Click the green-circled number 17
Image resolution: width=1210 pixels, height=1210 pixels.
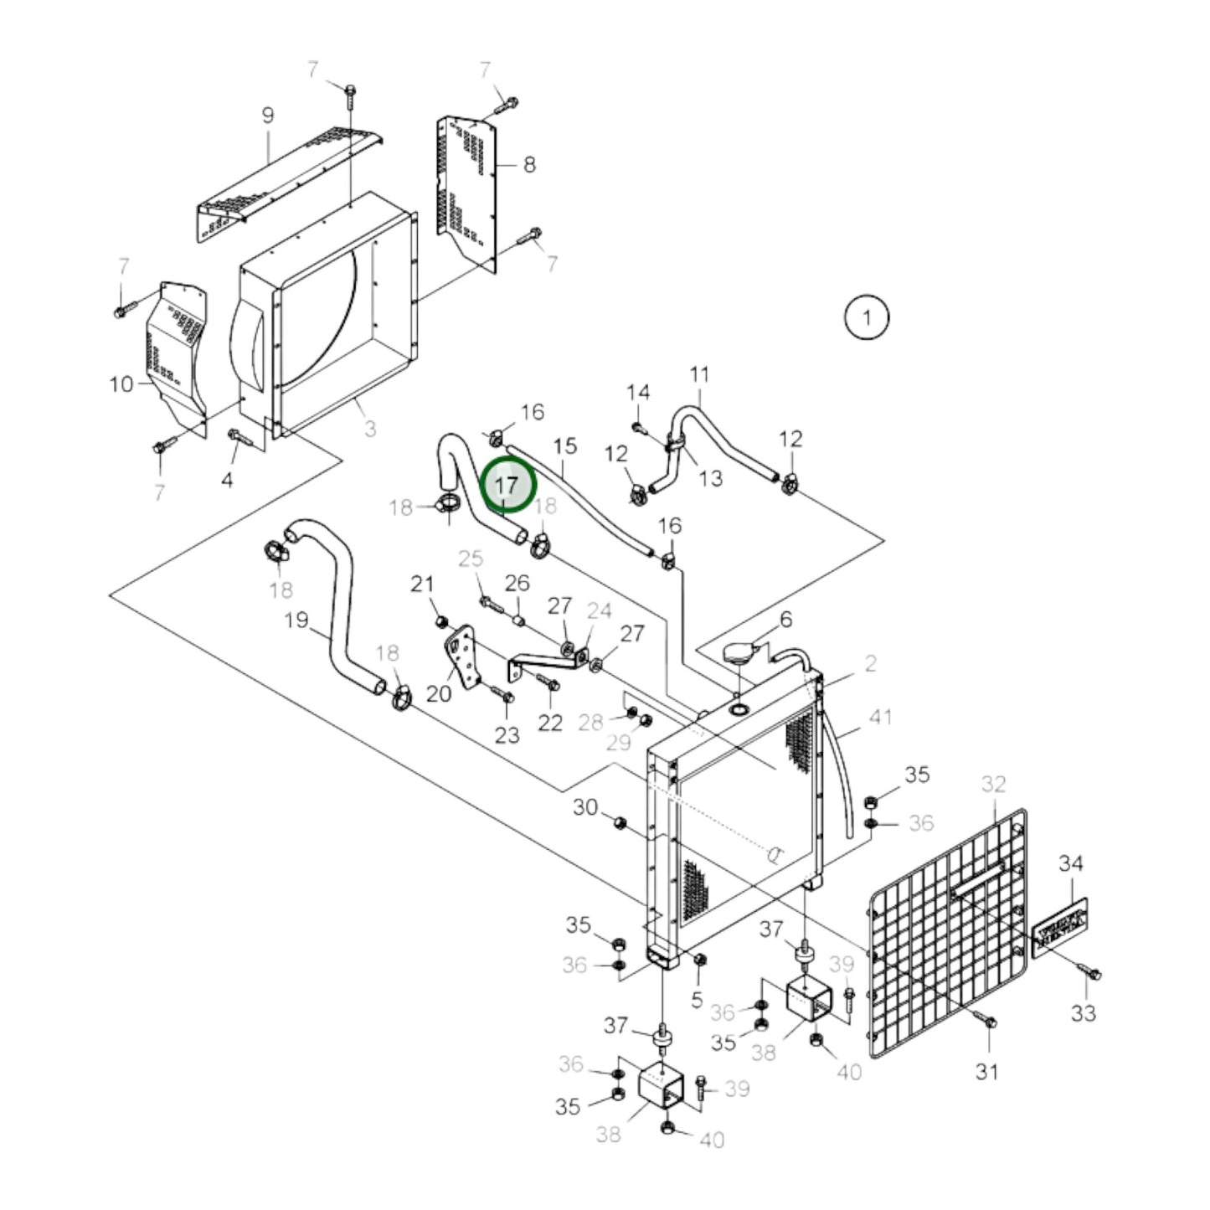[x=507, y=486]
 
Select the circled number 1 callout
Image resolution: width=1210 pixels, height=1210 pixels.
[x=867, y=317]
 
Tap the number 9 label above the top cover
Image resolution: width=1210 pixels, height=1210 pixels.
[x=267, y=115]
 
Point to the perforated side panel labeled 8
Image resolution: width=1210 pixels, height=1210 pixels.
[x=466, y=188]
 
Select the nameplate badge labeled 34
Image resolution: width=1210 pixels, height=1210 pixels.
[x=1059, y=927]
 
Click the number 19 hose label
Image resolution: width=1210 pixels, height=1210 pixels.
[x=296, y=620]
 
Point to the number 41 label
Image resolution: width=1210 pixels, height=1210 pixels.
[x=880, y=718]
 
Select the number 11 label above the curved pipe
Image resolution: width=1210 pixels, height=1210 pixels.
[x=699, y=373]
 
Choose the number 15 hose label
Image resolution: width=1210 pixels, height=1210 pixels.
[x=565, y=445]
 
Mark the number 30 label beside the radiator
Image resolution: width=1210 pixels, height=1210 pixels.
[x=585, y=807]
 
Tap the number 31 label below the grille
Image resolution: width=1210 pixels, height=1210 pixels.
[x=987, y=1071]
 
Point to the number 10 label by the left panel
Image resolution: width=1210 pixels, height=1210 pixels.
[x=121, y=384]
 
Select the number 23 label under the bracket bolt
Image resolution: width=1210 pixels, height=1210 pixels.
[x=507, y=735]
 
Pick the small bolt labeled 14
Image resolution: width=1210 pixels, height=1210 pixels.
[x=639, y=428]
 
